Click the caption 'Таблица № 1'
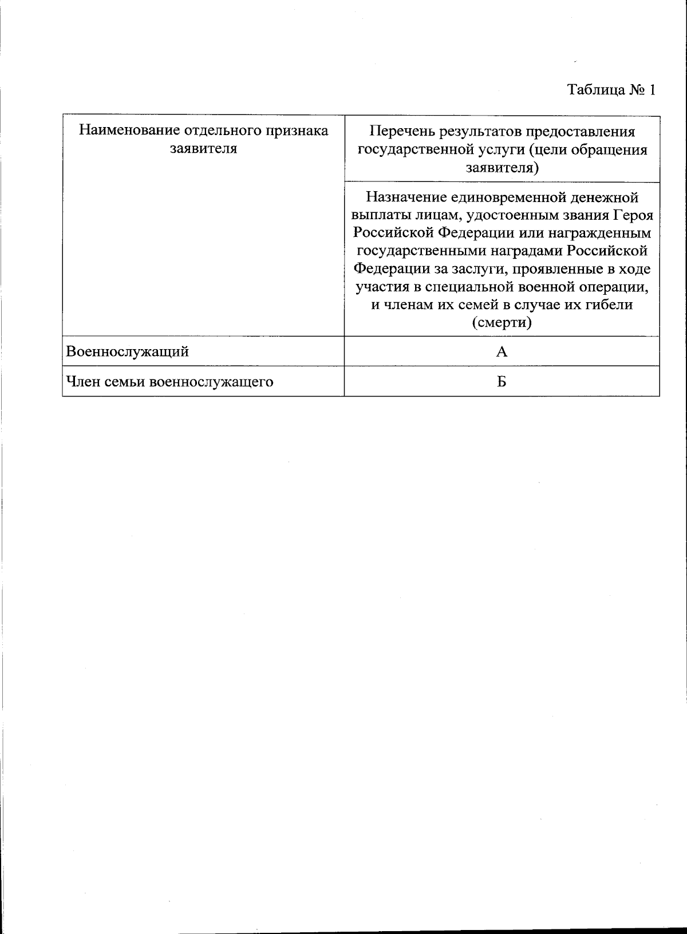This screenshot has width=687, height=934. [x=610, y=90]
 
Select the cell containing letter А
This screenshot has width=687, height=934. [x=502, y=351]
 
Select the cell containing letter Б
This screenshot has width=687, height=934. [x=502, y=382]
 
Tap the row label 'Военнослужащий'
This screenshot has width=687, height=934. [x=128, y=351]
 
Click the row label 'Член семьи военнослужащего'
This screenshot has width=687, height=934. [x=169, y=382]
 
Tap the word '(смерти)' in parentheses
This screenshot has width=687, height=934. [x=502, y=323]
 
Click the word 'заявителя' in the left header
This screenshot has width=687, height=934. [x=204, y=149]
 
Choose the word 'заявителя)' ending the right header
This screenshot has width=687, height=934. [x=502, y=168]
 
